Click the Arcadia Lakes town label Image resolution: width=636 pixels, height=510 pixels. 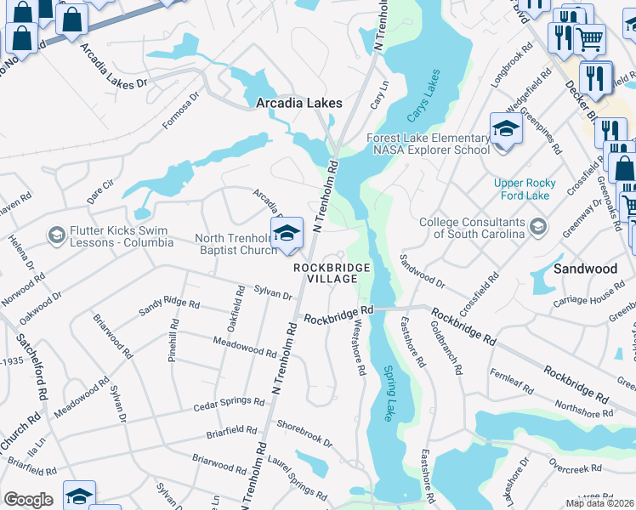(x=299, y=103)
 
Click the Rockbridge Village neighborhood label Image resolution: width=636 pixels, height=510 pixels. (x=332, y=273)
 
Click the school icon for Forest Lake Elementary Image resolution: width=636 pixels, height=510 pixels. (x=506, y=130)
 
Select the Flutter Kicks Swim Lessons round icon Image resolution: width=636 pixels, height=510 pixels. (x=56, y=235)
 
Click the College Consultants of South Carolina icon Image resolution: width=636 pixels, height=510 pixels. (x=537, y=227)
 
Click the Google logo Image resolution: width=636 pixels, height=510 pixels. (x=28, y=500)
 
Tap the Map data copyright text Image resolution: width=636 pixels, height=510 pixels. (x=599, y=503)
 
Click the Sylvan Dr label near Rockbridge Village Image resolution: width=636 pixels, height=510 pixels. (x=273, y=293)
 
